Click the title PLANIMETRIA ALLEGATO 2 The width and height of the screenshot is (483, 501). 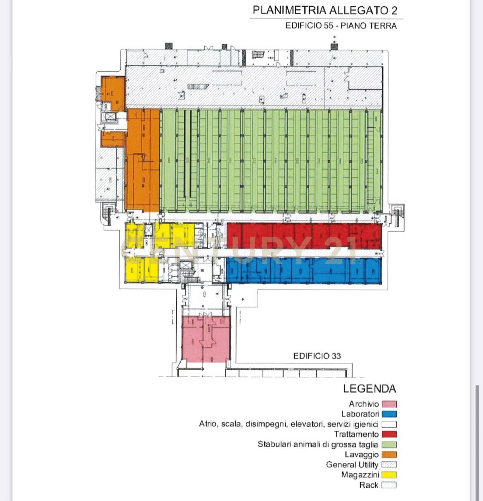coord(325,10)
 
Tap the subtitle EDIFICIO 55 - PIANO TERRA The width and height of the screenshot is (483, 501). coord(341,26)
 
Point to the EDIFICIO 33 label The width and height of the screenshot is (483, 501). coord(317,356)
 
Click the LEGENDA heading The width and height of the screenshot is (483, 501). coord(369,389)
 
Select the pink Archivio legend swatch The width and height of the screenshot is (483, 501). coord(389,404)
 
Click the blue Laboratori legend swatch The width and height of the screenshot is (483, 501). coord(389,414)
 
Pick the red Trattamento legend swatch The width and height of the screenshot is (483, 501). coord(389,435)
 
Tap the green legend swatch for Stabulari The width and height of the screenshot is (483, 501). coord(389,445)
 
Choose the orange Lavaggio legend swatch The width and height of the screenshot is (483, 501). coord(389,455)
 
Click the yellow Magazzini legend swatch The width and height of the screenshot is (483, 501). coord(389,475)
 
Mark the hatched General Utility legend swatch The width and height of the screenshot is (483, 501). coord(389,465)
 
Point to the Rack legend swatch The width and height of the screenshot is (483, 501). coord(389,485)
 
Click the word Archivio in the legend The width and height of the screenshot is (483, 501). coord(364,404)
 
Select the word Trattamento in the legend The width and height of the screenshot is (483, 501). coord(356,435)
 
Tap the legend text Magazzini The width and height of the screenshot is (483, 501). coord(360,475)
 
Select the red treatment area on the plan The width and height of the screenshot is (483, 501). coord(304,236)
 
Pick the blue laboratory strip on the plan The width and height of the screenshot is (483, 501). coord(304,271)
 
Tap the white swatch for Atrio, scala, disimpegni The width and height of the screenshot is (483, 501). coord(389,425)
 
